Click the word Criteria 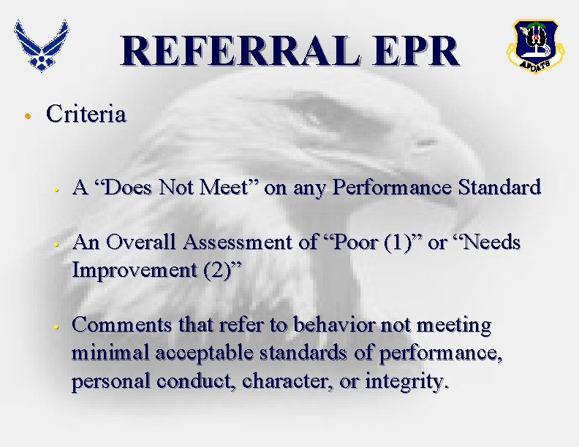tap(86, 115)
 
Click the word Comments tap(119, 324)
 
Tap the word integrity tap(406, 381)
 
